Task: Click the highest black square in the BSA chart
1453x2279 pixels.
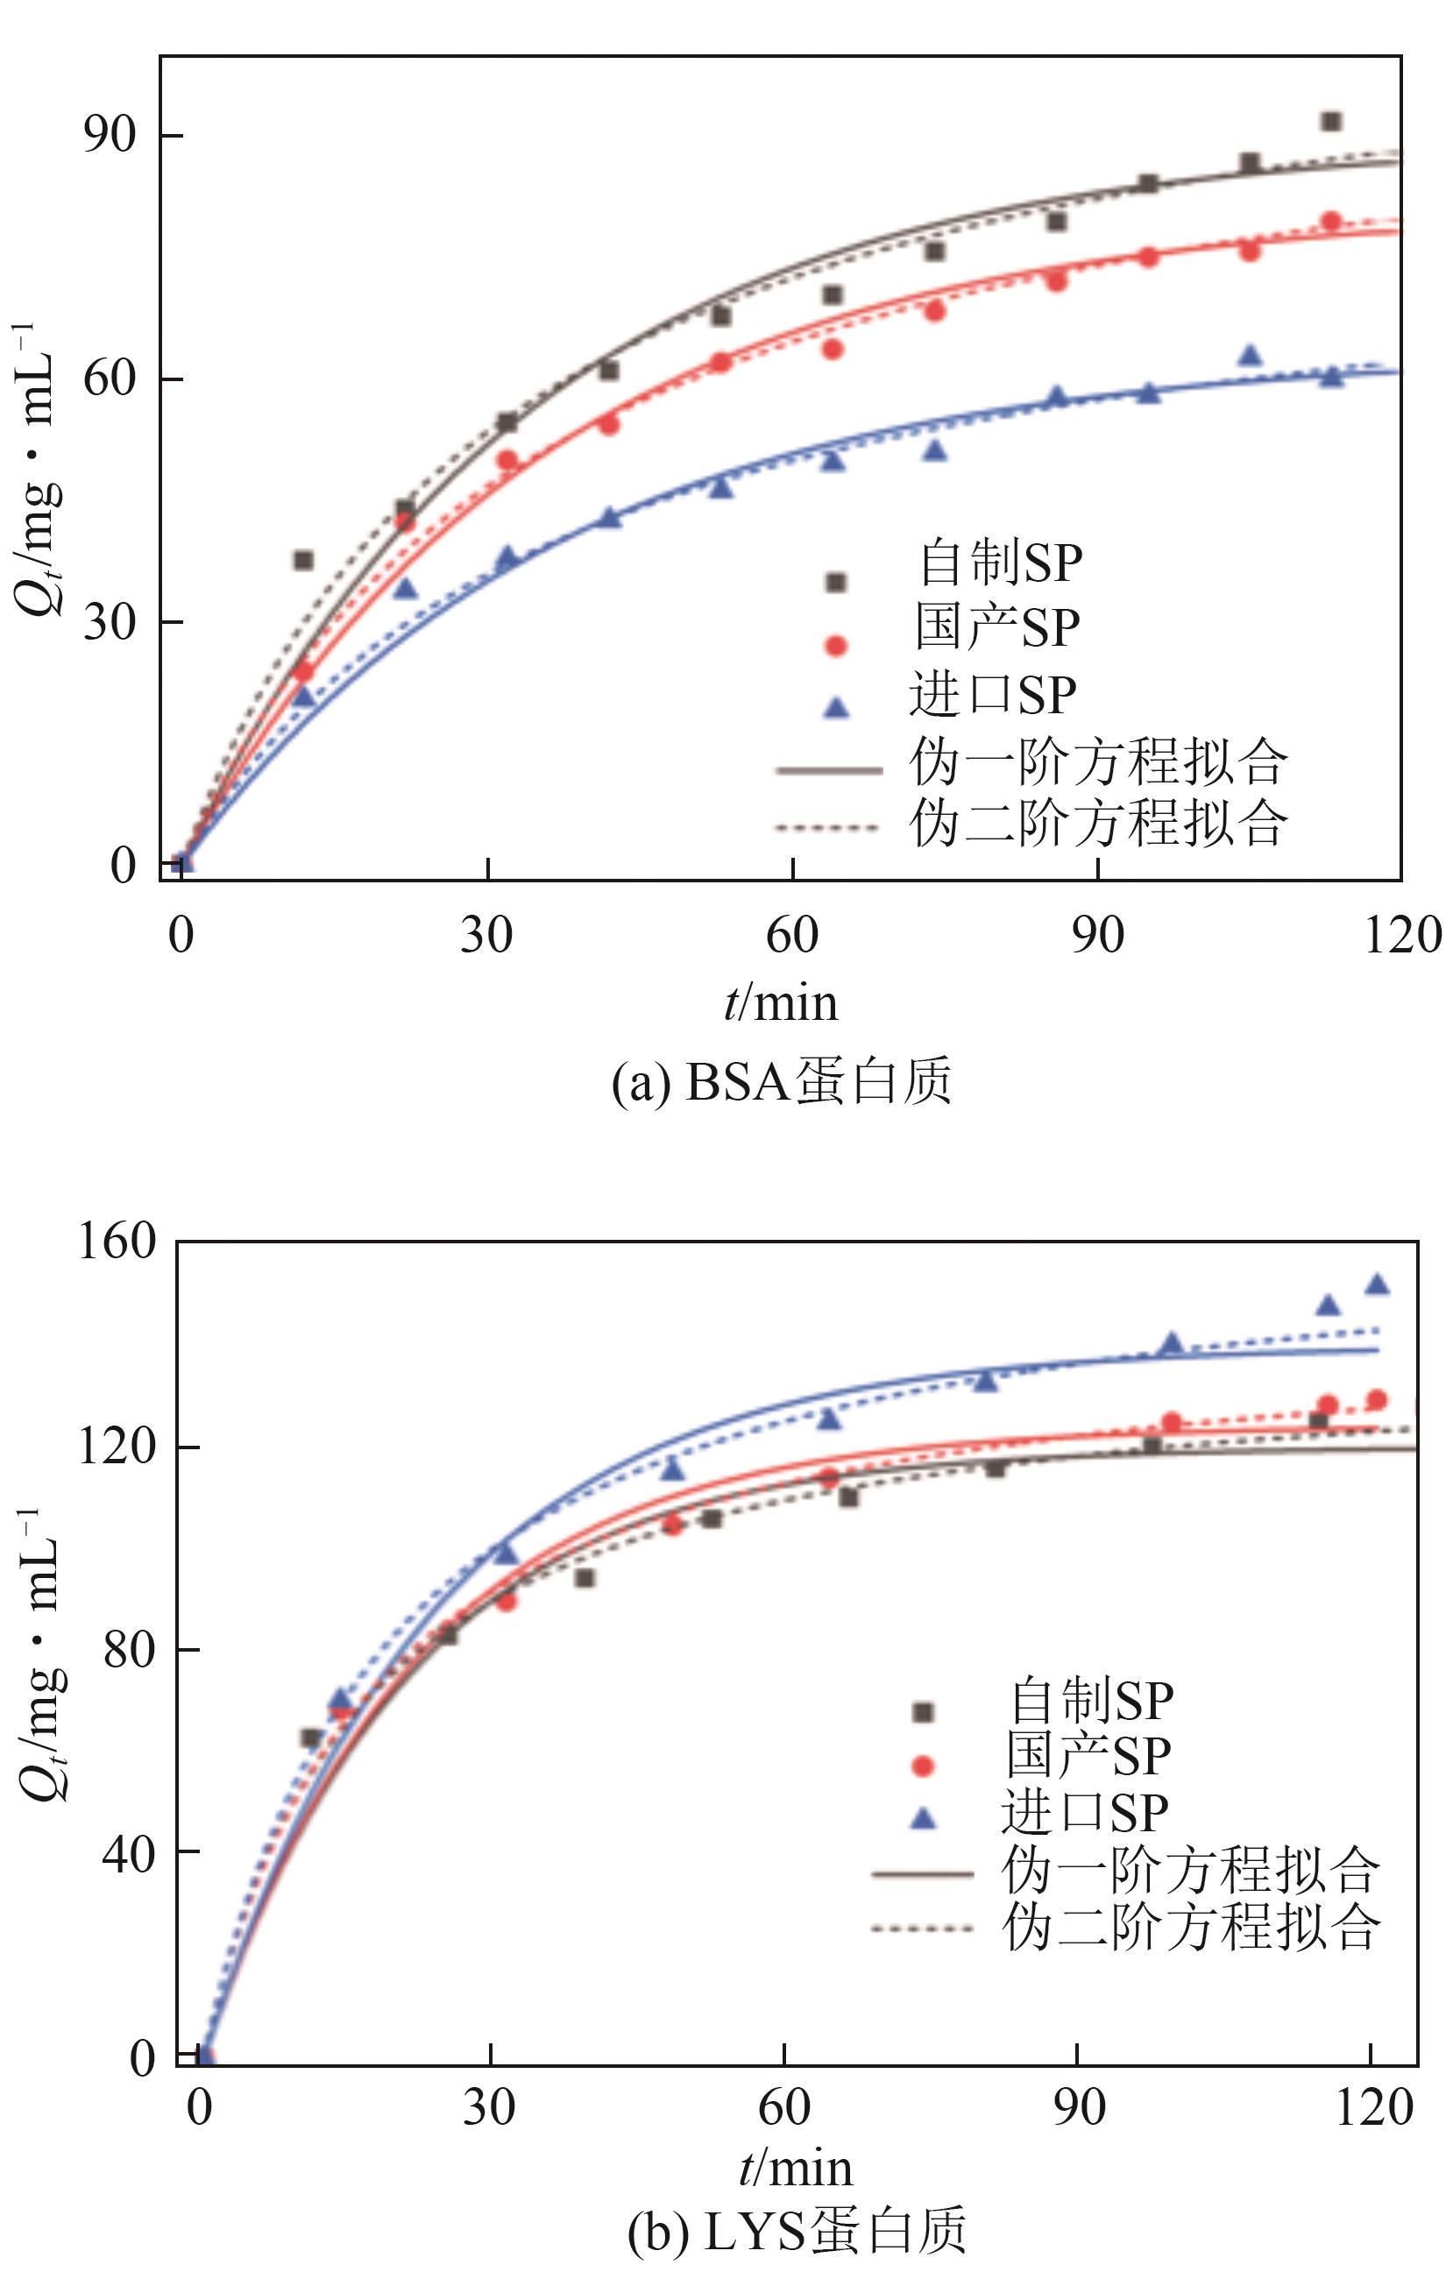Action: coord(1331,121)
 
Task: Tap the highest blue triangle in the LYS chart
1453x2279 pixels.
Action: coord(1378,1285)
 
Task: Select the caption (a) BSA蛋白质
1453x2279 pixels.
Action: coord(781,1083)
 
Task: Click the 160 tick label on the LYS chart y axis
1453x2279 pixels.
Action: coord(116,1241)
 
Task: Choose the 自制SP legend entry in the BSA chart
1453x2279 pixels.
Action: coord(1000,563)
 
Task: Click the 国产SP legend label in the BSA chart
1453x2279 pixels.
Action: coord(996,627)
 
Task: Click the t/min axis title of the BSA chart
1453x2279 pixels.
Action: coord(781,1003)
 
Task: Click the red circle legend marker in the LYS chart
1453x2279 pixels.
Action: coord(922,1765)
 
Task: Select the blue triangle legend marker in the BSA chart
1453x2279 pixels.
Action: coord(836,706)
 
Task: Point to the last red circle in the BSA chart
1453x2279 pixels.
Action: coord(1331,222)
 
